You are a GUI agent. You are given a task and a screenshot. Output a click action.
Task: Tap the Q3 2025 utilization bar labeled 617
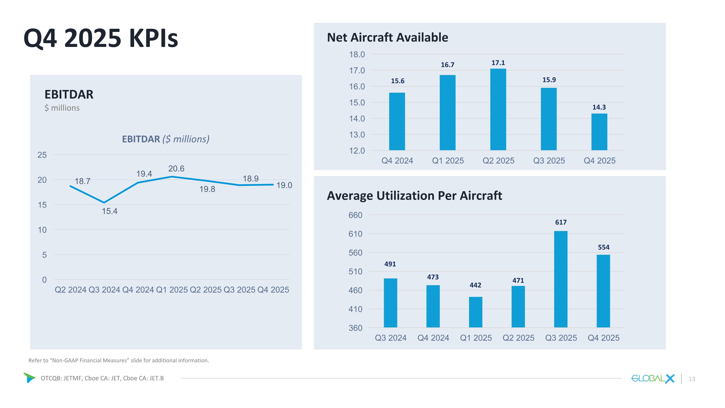coord(561,279)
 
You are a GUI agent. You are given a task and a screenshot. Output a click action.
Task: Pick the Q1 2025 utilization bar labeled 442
coord(475,312)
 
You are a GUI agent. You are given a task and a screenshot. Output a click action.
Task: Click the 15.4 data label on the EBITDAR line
coord(109,211)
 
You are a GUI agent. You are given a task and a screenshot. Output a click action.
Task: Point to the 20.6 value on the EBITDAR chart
coord(176,169)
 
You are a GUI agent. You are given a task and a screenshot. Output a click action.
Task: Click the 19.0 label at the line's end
coord(284,185)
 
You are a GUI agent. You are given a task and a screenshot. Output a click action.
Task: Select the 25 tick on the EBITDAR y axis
coord(42,155)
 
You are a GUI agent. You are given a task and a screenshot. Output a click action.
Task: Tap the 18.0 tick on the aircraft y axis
coord(357,55)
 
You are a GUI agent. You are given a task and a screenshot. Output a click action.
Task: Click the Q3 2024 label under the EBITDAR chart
coord(104,290)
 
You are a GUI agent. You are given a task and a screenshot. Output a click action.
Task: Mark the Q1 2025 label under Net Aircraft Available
coord(448,161)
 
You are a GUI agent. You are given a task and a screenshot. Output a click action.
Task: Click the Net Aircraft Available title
coord(387,37)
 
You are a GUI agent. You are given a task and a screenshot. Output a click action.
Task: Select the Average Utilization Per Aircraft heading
coord(414,196)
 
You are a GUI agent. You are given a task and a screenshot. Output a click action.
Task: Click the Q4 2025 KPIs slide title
coord(101,38)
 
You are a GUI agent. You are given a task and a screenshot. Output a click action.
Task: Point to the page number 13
coord(691,379)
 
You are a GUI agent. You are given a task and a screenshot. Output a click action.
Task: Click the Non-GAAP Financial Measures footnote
coord(118,360)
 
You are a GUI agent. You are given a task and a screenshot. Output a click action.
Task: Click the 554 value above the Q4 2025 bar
coord(603,247)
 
